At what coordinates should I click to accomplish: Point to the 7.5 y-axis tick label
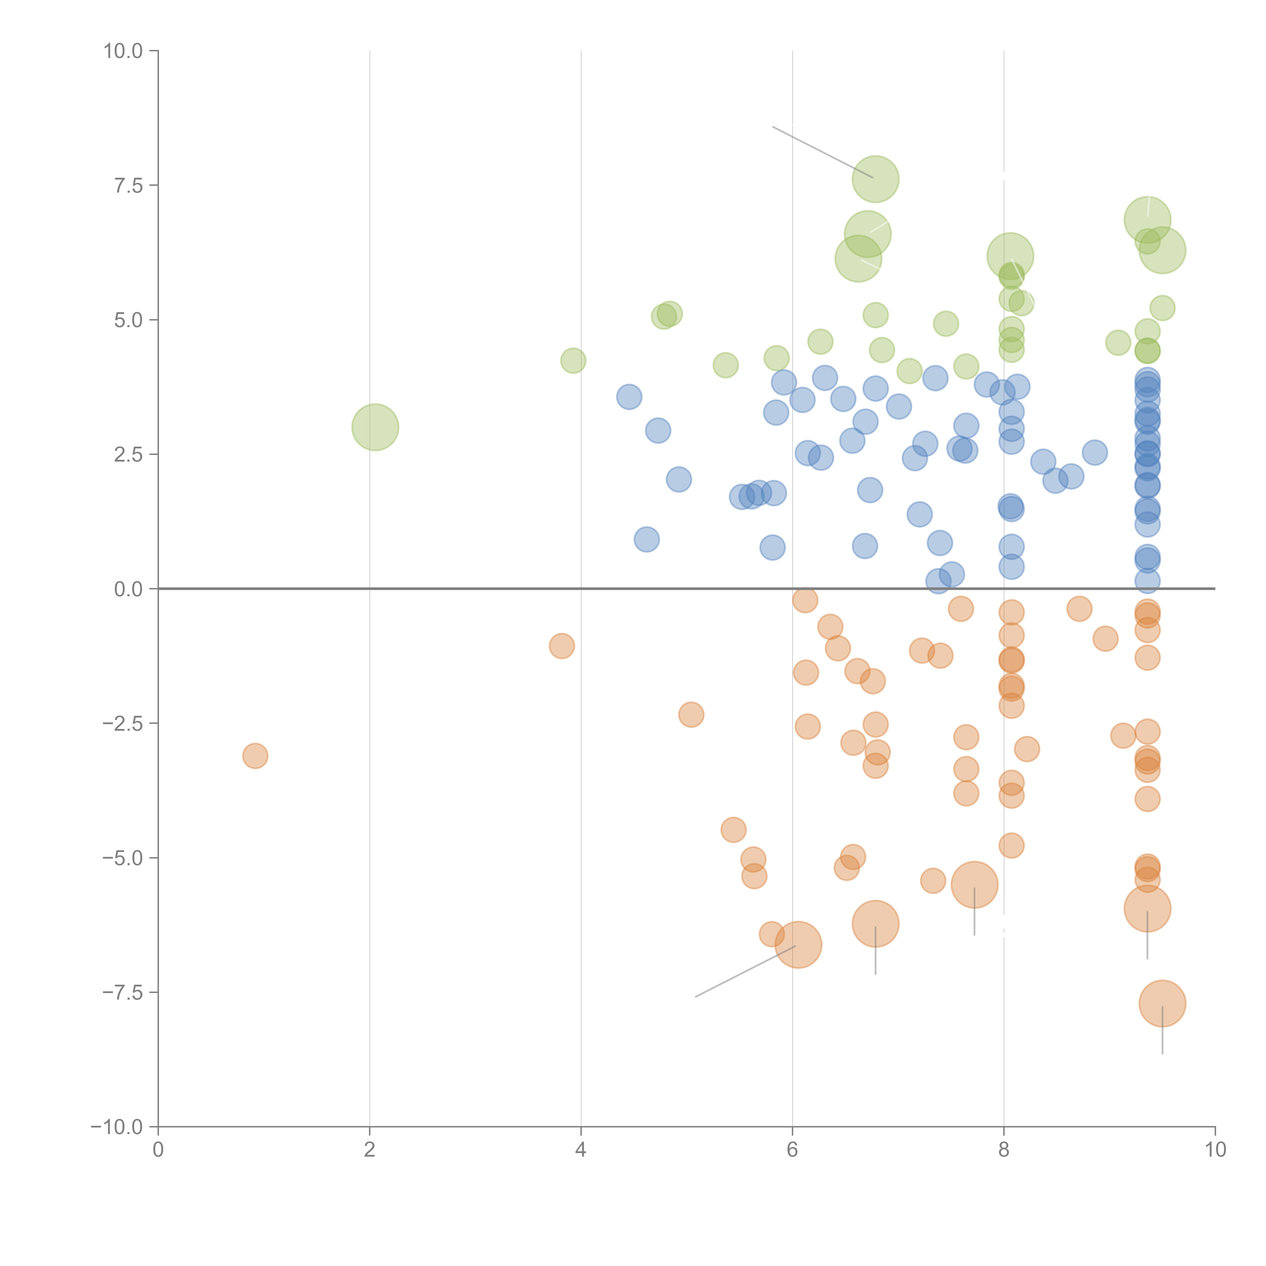tap(128, 185)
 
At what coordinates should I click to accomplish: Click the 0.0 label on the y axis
tap(128, 589)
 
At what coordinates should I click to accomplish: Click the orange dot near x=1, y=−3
tap(255, 756)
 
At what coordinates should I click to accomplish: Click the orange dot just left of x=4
tap(562, 646)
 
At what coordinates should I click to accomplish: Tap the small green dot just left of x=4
tap(573, 360)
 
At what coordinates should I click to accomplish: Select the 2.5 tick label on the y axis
tap(128, 455)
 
